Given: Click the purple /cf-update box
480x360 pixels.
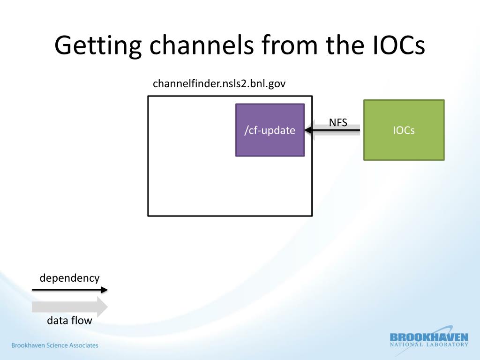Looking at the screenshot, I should coord(270,130).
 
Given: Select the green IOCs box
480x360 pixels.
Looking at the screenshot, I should coord(404,130).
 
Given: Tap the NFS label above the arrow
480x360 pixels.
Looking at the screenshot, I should coord(338,123).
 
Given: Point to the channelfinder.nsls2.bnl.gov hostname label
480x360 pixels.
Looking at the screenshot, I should coord(219,84).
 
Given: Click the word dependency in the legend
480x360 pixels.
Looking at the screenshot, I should coord(69,278).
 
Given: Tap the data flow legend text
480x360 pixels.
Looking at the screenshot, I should coord(69,321).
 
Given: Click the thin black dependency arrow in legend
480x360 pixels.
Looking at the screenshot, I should coord(69,290).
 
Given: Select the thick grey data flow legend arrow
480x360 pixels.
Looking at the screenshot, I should coord(69,307).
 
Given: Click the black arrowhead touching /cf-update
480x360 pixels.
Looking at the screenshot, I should coord(308,130).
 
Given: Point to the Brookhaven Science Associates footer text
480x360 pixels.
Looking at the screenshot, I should coord(55,345).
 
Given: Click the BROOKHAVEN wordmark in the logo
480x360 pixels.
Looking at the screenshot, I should coord(429,337).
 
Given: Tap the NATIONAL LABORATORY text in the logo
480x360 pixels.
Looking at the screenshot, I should coord(429,345).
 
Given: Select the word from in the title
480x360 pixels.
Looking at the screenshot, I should coord(292,46).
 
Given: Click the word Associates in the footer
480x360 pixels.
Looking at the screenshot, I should coord(84,345).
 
